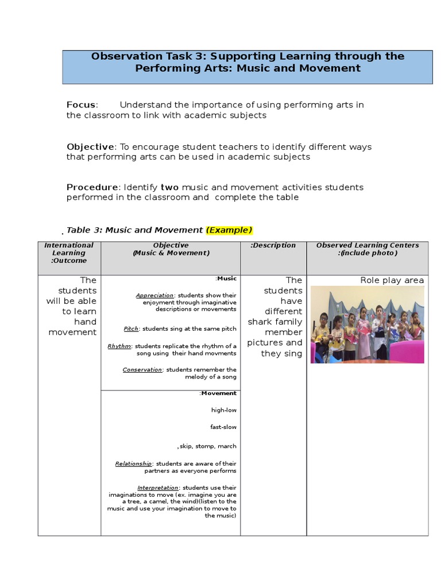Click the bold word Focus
[x=81, y=105]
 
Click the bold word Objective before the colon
[x=91, y=147]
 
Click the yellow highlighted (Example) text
[x=229, y=230]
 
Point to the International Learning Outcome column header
[x=69, y=253]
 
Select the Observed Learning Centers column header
[x=367, y=249]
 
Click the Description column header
[x=273, y=245]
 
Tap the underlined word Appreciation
[x=154, y=296]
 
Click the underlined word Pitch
[x=131, y=329]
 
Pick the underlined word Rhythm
[x=119, y=346]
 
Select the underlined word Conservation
[x=142, y=370]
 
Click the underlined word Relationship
[x=133, y=463]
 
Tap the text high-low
[x=223, y=410]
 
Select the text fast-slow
[x=223, y=427]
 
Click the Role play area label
[x=392, y=280]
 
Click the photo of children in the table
[x=367, y=324]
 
